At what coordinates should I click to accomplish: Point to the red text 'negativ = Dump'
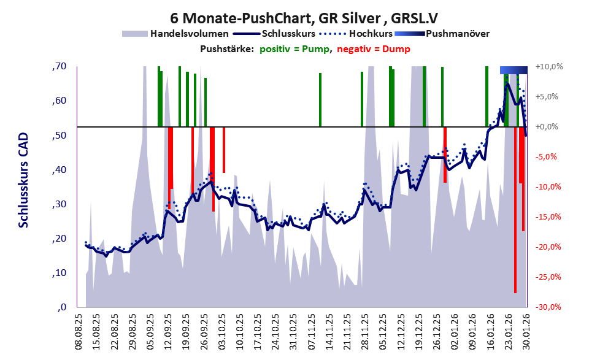click(374, 49)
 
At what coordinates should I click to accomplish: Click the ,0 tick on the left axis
click(61, 307)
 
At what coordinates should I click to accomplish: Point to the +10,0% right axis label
click(548, 66)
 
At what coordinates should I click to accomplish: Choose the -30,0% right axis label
click(550, 307)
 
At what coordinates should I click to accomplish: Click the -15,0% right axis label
click(550, 217)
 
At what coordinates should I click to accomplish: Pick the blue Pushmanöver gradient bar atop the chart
click(514, 70)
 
